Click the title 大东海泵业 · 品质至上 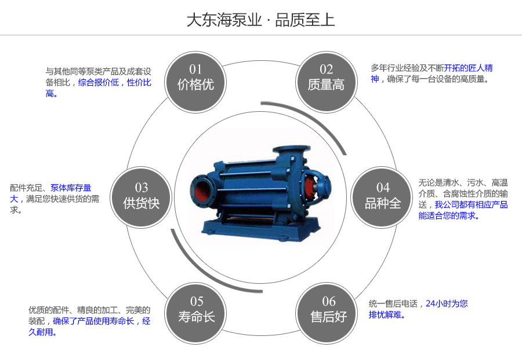[260, 20]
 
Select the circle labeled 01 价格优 [195, 77]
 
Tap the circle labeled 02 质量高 [326, 77]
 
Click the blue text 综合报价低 [98, 82]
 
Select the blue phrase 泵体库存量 [71, 188]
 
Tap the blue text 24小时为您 [447, 303]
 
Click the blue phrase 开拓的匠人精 [469, 68]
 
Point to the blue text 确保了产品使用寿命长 [93, 321]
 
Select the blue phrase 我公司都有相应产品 [471, 204]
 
